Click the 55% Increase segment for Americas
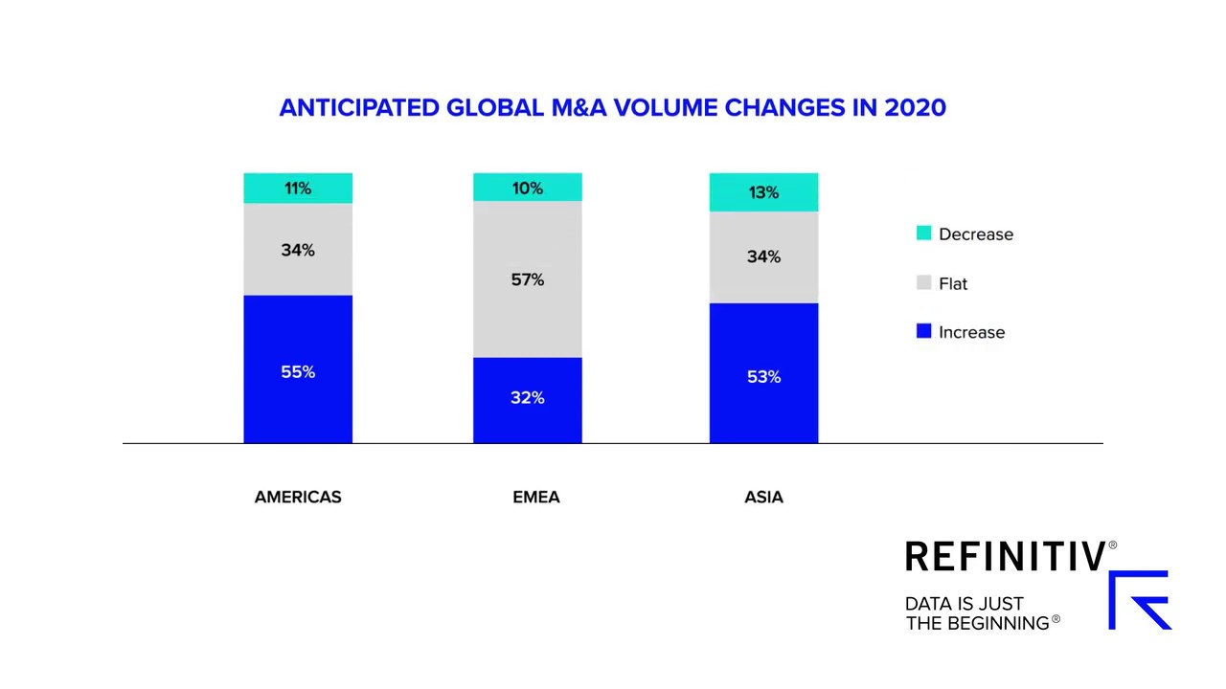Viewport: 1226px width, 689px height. point(298,370)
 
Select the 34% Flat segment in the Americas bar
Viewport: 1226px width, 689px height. point(298,250)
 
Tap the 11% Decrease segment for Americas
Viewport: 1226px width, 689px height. point(298,189)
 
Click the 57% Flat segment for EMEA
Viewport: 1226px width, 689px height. point(528,279)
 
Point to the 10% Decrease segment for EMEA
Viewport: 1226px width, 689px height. point(528,188)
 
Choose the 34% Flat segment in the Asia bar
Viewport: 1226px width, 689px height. point(763,256)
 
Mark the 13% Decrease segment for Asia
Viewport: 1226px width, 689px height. point(763,192)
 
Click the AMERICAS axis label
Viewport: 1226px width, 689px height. point(298,497)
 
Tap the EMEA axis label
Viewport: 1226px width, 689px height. point(536,497)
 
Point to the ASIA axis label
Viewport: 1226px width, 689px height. point(763,497)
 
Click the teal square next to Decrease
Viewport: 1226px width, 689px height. point(924,233)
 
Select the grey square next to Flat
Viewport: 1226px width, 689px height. point(924,282)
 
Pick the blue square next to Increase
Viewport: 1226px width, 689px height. point(924,331)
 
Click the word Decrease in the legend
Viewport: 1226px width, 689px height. point(975,234)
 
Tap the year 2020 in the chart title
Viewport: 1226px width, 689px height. point(915,107)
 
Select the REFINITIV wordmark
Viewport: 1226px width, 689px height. point(1006,557)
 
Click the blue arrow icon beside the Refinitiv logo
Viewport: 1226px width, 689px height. point(1140,600)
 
